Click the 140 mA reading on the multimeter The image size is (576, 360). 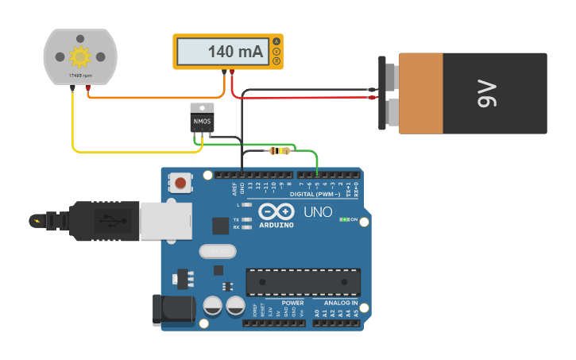[x=234, y=52]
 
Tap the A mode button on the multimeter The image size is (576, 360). [x=276, y=41]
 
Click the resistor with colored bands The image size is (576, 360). [x=279, y=150]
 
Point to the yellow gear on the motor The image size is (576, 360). [x=79, y=56]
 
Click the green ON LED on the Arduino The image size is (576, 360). [x=344, y=219]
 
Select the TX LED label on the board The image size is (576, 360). [x=237, y=219]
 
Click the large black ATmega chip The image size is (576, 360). [x=303, y=282]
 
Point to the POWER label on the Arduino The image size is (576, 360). [x=292, y=303]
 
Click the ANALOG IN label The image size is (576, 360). [x=340, y=303]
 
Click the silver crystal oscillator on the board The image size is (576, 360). [x=218, y=251]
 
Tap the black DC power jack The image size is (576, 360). [x=173, y=309]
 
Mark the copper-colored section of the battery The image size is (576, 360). [x=420, y=93]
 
